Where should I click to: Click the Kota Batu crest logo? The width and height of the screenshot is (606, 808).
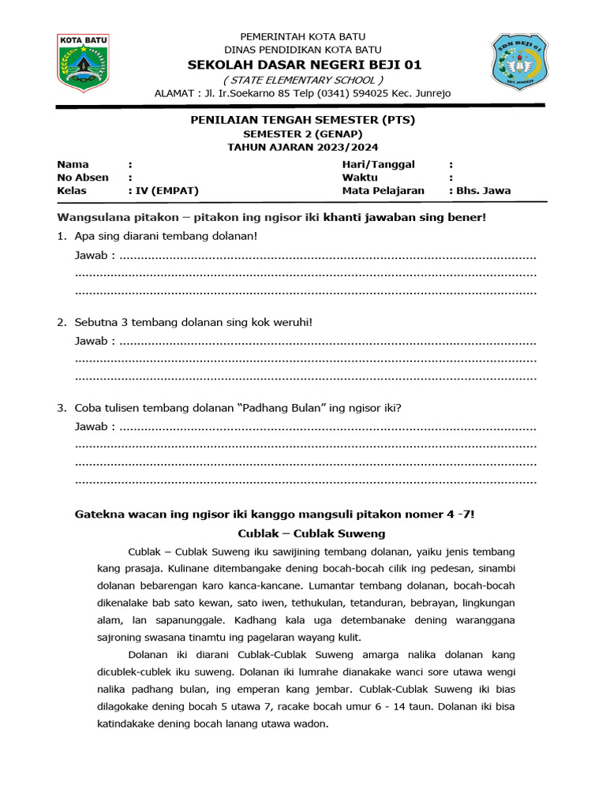(83, 62)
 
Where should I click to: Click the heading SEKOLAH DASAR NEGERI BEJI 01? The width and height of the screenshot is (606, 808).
(302, 64)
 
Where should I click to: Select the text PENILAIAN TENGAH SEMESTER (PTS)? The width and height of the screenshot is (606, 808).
(303, 120)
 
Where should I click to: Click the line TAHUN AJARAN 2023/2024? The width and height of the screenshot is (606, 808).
(303, 147)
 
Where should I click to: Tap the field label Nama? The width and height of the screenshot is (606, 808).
(73, 164)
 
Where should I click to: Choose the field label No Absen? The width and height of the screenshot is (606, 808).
(83, 178)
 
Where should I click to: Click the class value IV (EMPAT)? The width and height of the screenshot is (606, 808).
(167, 191)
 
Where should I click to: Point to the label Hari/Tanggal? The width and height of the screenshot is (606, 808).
(378, 164)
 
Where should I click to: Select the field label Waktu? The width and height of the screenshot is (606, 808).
(360, 178)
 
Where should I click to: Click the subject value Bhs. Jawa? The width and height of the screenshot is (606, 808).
(484, 191)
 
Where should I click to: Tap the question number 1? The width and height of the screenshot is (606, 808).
(61, 236)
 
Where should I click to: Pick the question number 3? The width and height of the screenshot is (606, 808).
(61, 408)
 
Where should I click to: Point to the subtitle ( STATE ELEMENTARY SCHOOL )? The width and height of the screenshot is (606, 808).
(303, 80)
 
